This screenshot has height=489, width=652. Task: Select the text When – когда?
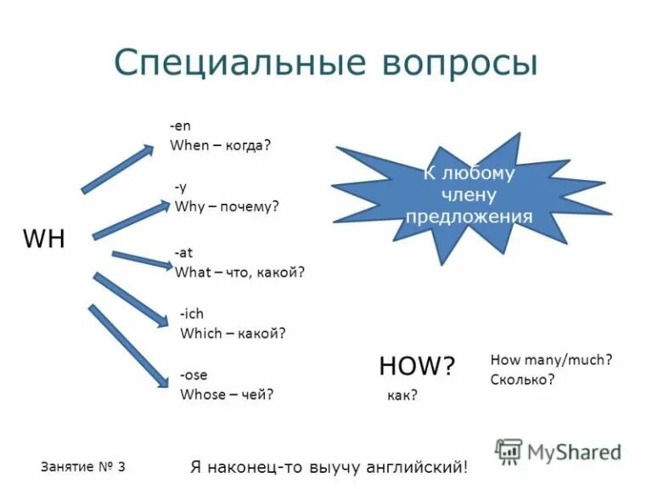(220, 145)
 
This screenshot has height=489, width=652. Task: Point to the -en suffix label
(180, 126)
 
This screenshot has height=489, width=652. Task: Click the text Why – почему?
(227, 206)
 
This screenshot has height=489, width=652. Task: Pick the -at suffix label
(183, 253)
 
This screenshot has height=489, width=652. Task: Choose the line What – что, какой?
(239, 273)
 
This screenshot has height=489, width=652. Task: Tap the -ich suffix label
(192, 314)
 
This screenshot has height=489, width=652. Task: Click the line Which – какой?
(233, 334)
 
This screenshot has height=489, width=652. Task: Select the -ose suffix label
(194, 374)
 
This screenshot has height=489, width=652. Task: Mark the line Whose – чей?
(227, 394)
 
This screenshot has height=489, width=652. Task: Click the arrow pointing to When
(117, 169)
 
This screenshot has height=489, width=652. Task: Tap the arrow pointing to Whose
(128, 346)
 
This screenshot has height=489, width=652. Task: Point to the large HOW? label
(417, 366)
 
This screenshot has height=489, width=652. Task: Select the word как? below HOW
(402, 396)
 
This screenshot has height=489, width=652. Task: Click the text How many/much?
(551, 360)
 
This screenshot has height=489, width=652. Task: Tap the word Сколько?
(522, 379)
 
